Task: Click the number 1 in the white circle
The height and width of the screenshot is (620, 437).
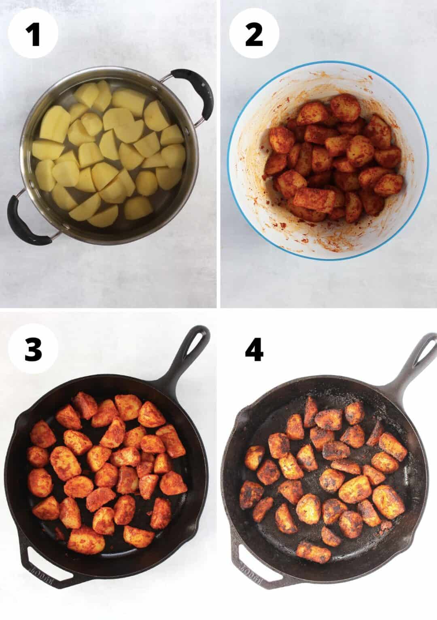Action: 34,34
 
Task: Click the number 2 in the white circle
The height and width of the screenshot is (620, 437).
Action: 254,34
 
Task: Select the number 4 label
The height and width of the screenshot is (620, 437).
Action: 254,349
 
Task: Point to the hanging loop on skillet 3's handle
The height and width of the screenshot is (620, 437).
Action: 197,340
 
